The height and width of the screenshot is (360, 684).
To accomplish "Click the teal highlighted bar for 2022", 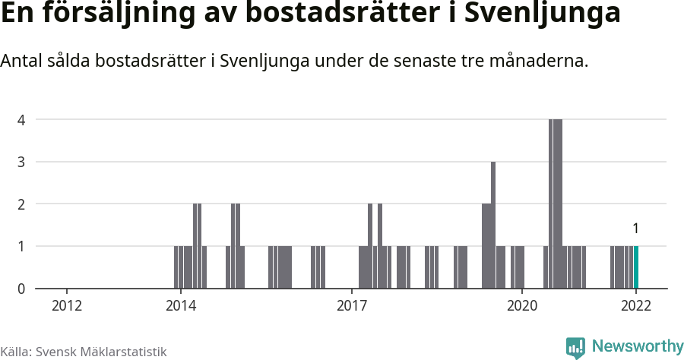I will [636, 267].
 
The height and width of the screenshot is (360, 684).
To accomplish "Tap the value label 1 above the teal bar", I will [635, 229].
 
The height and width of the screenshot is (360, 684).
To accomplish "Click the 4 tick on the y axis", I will [21, 120].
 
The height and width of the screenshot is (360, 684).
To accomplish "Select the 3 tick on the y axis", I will [21, 162].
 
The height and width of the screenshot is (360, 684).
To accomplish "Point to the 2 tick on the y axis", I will [21, 204].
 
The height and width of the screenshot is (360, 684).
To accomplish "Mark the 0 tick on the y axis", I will [21, 289].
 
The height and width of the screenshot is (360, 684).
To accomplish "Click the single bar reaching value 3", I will [493, 225].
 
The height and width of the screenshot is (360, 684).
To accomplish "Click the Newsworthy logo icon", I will [575, 348].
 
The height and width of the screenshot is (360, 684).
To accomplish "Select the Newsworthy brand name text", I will [637, 346].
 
